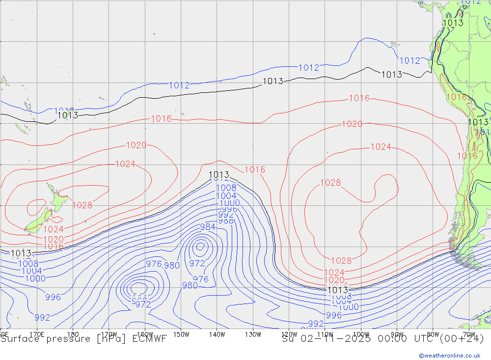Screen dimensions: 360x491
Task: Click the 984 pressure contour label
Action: point(208,227)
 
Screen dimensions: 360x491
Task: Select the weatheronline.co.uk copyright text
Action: point(450,356)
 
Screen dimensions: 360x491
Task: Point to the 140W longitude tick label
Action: point(217,334)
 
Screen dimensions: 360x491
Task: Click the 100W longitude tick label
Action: point(361,334)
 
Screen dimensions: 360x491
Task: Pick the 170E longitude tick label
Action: point(37,334)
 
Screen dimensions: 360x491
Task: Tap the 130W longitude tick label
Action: point(253,334)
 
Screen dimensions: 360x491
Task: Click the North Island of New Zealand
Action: point(56,201)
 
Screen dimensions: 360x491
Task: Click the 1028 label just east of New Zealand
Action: point(82,205)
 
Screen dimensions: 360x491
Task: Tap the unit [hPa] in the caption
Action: point(112,338)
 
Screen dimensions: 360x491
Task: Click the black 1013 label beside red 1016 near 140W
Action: point(219,175)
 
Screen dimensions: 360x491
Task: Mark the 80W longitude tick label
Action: point(433,334)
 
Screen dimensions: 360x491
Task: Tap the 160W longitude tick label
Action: point(145,334)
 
